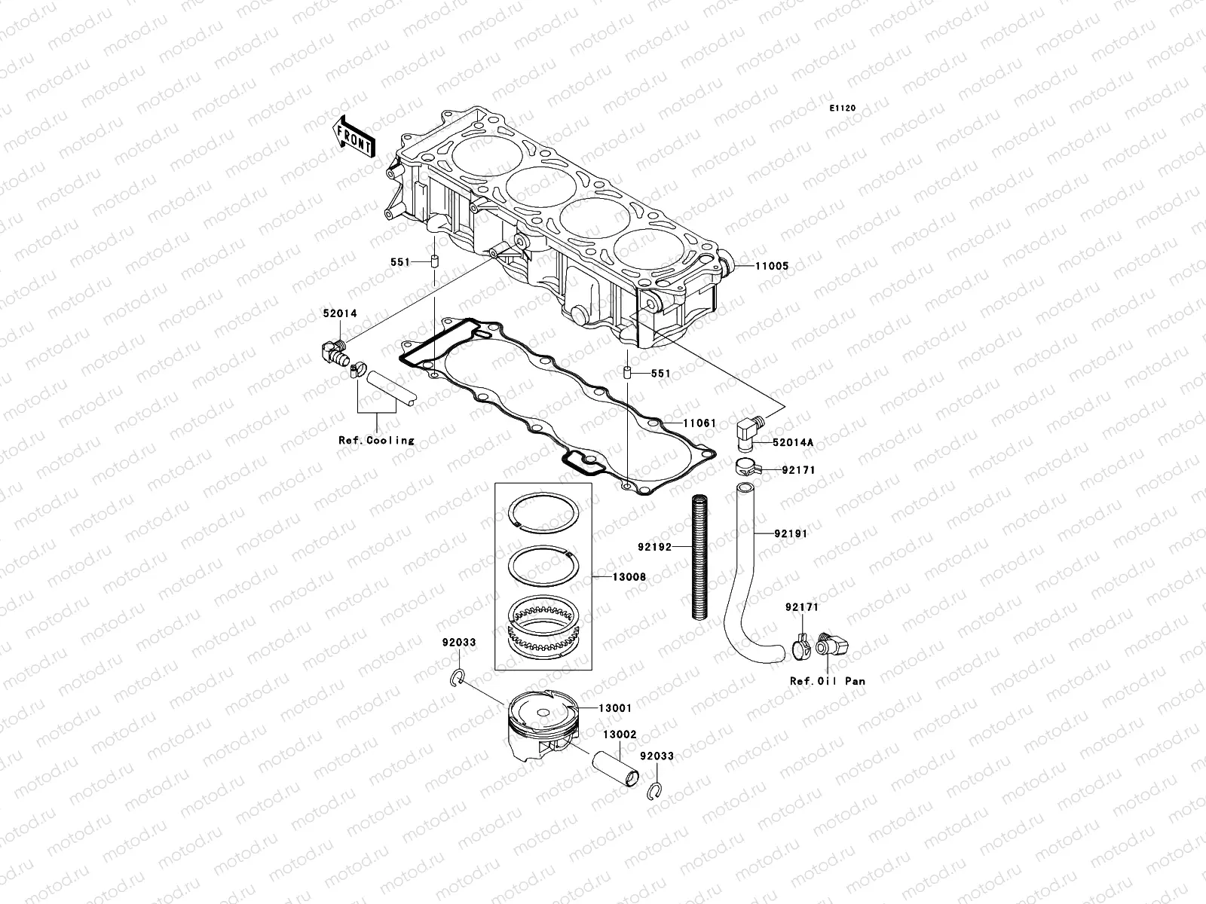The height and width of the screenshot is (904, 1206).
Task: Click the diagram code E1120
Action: (x=843, y=108)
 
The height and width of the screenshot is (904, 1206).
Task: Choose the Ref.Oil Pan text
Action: (x=827, y=681)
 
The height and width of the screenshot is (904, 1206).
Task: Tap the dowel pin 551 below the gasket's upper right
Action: (x=626, y=373)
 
